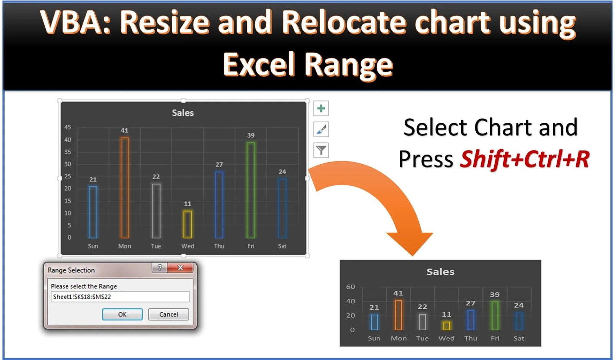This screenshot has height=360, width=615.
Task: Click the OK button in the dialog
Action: point(122,314)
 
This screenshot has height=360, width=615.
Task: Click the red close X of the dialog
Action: point(180,267)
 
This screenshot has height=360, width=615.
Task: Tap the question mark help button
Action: point(160,267)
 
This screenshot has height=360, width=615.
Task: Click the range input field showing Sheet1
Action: point(120,297)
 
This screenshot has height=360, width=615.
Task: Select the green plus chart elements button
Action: point(321,108)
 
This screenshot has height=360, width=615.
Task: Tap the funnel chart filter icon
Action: point(321,150)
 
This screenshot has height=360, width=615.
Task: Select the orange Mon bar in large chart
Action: point(125,188)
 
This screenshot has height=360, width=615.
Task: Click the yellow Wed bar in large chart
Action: point(188,224)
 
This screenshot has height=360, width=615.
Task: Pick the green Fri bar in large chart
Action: point(251,190)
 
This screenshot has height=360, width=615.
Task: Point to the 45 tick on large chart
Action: point(68,127)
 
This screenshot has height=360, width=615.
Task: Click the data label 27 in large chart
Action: point(219,165)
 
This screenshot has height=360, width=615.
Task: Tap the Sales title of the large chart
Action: point(183,113)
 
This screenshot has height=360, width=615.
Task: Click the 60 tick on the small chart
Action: point(351,287)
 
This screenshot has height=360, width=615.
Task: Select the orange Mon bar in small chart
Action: point(398,315)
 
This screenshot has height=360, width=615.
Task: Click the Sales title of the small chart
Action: point(440,272)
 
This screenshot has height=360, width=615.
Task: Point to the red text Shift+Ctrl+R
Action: point(525,159)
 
